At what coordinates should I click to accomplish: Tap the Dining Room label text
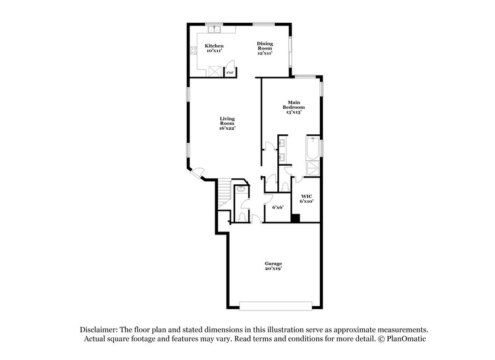(x=265, y=48)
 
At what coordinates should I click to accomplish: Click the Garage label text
(x=273, y=266)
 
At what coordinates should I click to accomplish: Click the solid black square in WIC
(x=296, y=217)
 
